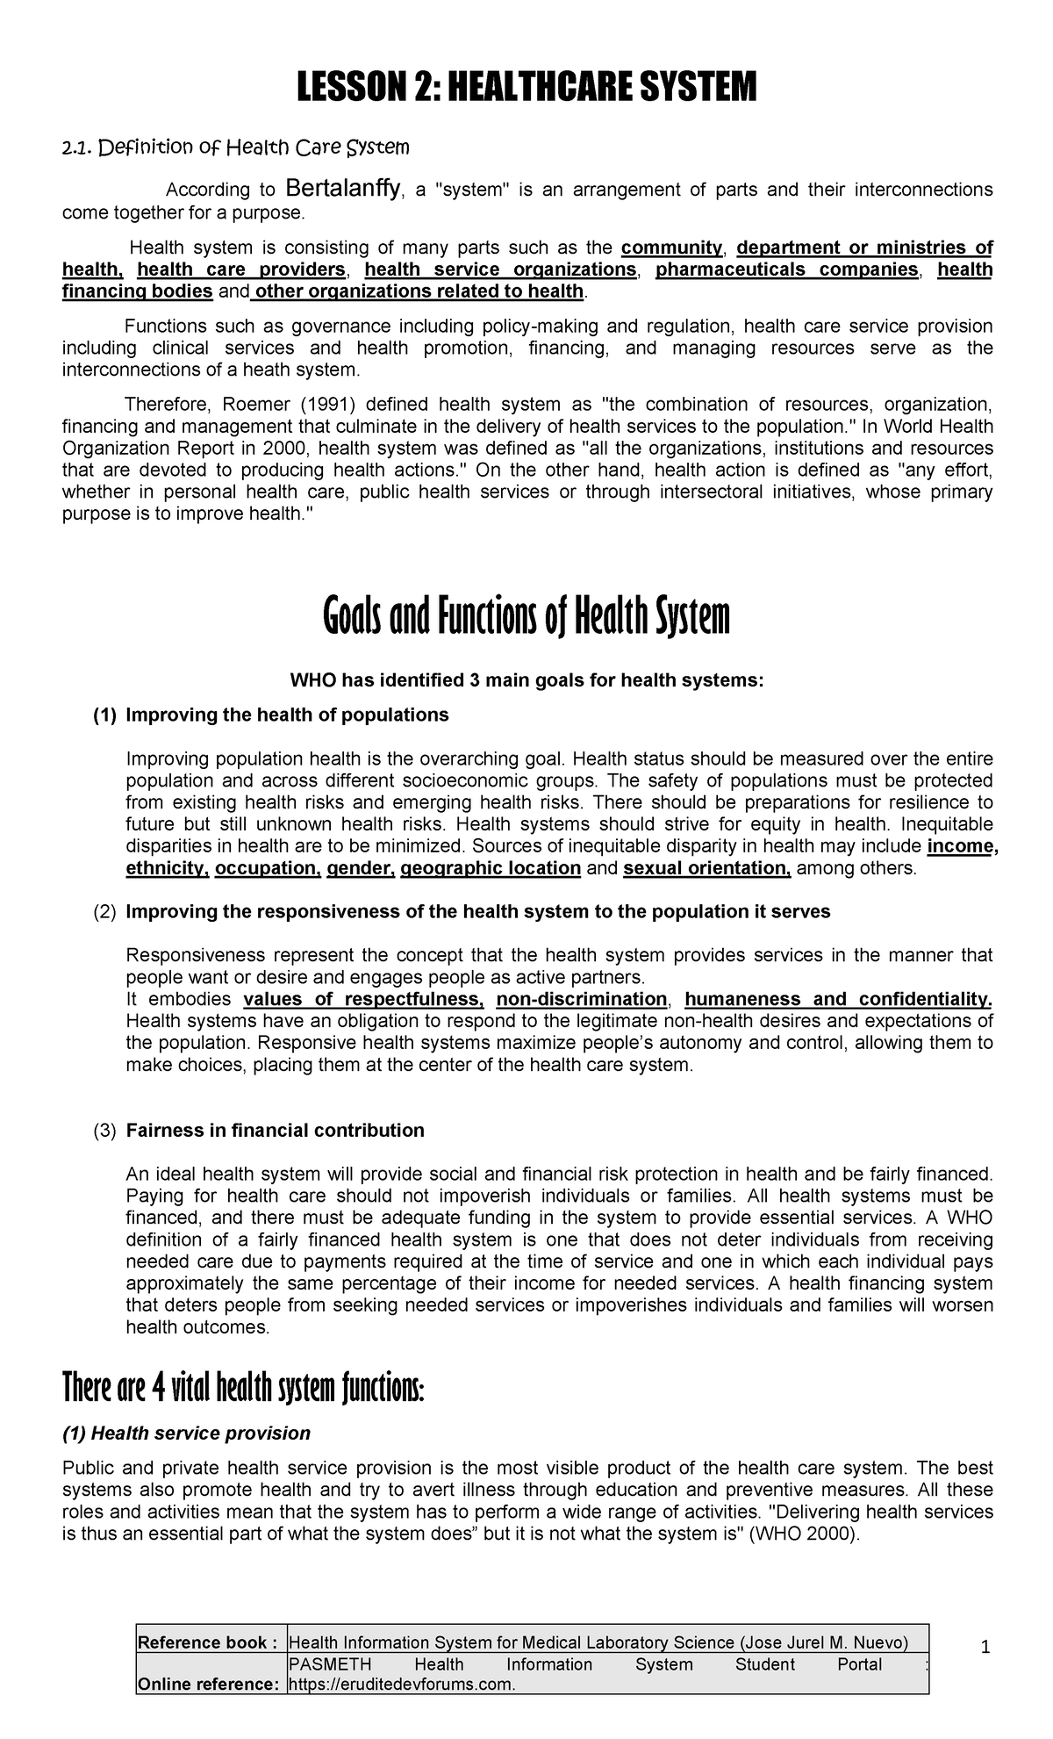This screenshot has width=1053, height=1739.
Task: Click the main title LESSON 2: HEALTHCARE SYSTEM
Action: [x=526, y=88]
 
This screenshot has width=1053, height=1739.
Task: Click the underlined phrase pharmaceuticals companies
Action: [x=787, y=269]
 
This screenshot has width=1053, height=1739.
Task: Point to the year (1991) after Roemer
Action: [x=323, y=405]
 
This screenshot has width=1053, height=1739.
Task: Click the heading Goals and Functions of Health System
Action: [x=526, y=617]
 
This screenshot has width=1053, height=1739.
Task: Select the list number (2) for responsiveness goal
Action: [x=104, y=912]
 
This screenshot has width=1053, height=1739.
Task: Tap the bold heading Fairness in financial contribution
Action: [x=275, y=1131]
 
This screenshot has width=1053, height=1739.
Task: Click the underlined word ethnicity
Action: [x=167, y=869]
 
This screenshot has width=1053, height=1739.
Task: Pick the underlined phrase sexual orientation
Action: [x=707, y=869]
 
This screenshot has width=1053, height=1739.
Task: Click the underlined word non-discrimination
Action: [x=582, y=999]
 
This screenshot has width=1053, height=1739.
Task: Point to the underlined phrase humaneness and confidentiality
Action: [x=838, y=999]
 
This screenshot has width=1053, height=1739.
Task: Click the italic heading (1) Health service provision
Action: [x=186, y=1434]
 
